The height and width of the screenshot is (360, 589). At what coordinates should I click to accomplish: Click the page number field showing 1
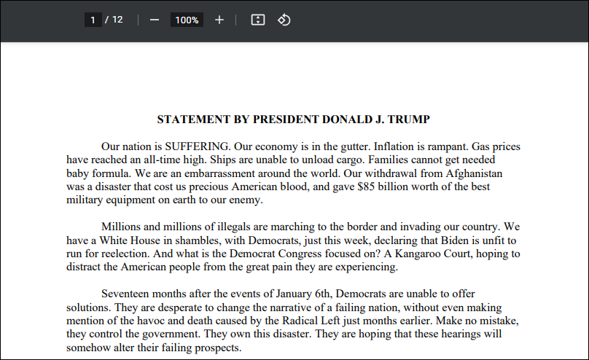point(93,20)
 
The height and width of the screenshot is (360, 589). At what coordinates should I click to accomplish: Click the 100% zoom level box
point(187,20)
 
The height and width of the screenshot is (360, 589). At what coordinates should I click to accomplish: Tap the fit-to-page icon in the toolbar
point(257,20)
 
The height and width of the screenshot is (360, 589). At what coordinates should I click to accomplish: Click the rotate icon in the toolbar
point(284,20)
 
